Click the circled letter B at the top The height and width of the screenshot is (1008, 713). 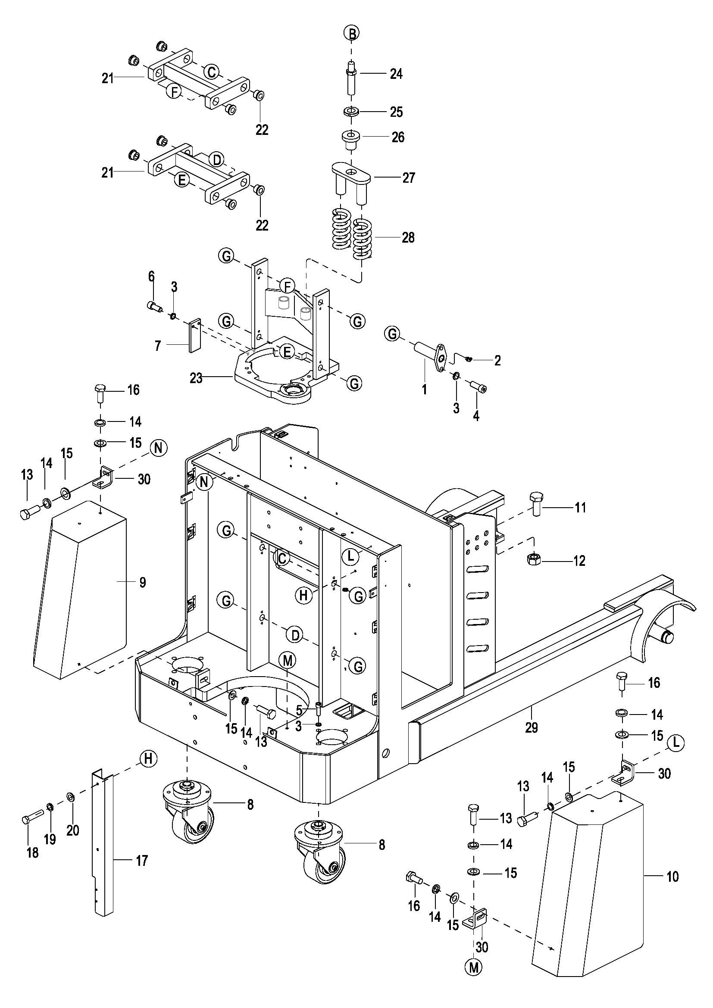pyautogui.click(x=351, y=33)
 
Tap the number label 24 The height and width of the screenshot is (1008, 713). pyautogui.click(x=396, y=74)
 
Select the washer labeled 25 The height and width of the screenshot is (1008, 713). pyautogui.click(x=351, y=112)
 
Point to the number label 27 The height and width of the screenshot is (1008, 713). pyautogui.click(x=408, y=178)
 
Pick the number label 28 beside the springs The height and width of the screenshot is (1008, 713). pyautogui.click(x=408, y=237)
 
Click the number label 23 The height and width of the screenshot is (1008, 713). pyautogui.click(x=196, y=378)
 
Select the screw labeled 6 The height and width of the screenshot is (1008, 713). pyautogui.click(x=153, y=304)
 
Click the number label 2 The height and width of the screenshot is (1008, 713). pyautogui.click(x=497, y=361)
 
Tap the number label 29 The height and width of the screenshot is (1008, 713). pyautogui.click(x=531, y=727)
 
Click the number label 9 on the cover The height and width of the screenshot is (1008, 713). pyautogui.click(x=143, y=582)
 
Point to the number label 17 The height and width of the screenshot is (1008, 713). pyautogui.click(x=142, y=861)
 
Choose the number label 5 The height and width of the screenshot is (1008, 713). pyautogui.click(x=299, y=709)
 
